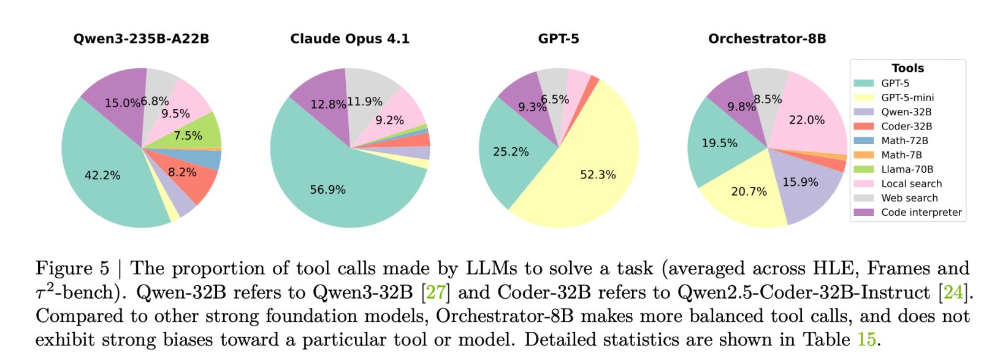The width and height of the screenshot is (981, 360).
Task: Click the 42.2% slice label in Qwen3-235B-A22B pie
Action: tap(102, 175)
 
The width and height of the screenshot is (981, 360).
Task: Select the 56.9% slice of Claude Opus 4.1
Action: tap(327, 190)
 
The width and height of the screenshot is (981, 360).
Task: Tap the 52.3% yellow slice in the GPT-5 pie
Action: tap(598, 175)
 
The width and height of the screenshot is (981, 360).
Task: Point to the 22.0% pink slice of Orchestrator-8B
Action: tap(806, 120)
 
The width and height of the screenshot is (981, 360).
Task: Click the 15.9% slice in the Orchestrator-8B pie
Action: tap(800, 182)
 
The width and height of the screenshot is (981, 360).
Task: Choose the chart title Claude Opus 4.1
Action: tap(349, 39)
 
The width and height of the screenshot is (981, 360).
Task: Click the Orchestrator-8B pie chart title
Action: tap(767, 39)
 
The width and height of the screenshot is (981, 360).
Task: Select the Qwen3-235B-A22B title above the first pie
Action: tap(141, 39)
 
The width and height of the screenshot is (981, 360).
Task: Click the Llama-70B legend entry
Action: tap(907, 169)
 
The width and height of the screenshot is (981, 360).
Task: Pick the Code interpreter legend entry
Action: tap(921, 212)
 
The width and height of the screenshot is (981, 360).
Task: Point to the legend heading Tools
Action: tap(907, 68)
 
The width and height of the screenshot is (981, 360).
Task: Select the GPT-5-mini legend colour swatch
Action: tap(863, 98)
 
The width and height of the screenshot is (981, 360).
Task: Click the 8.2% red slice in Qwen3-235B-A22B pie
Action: tap(182, 172)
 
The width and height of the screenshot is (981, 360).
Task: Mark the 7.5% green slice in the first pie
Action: tap(188, 136)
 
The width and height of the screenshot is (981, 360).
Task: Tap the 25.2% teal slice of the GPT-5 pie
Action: tap(511, 151)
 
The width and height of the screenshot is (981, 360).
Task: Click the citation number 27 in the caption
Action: tap(435, 292)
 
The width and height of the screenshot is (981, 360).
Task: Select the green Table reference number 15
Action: tap(866, 339)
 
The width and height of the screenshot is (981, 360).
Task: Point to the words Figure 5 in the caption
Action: tap(72, 268)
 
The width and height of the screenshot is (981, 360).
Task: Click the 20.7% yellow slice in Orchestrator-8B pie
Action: tap(749, 191)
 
